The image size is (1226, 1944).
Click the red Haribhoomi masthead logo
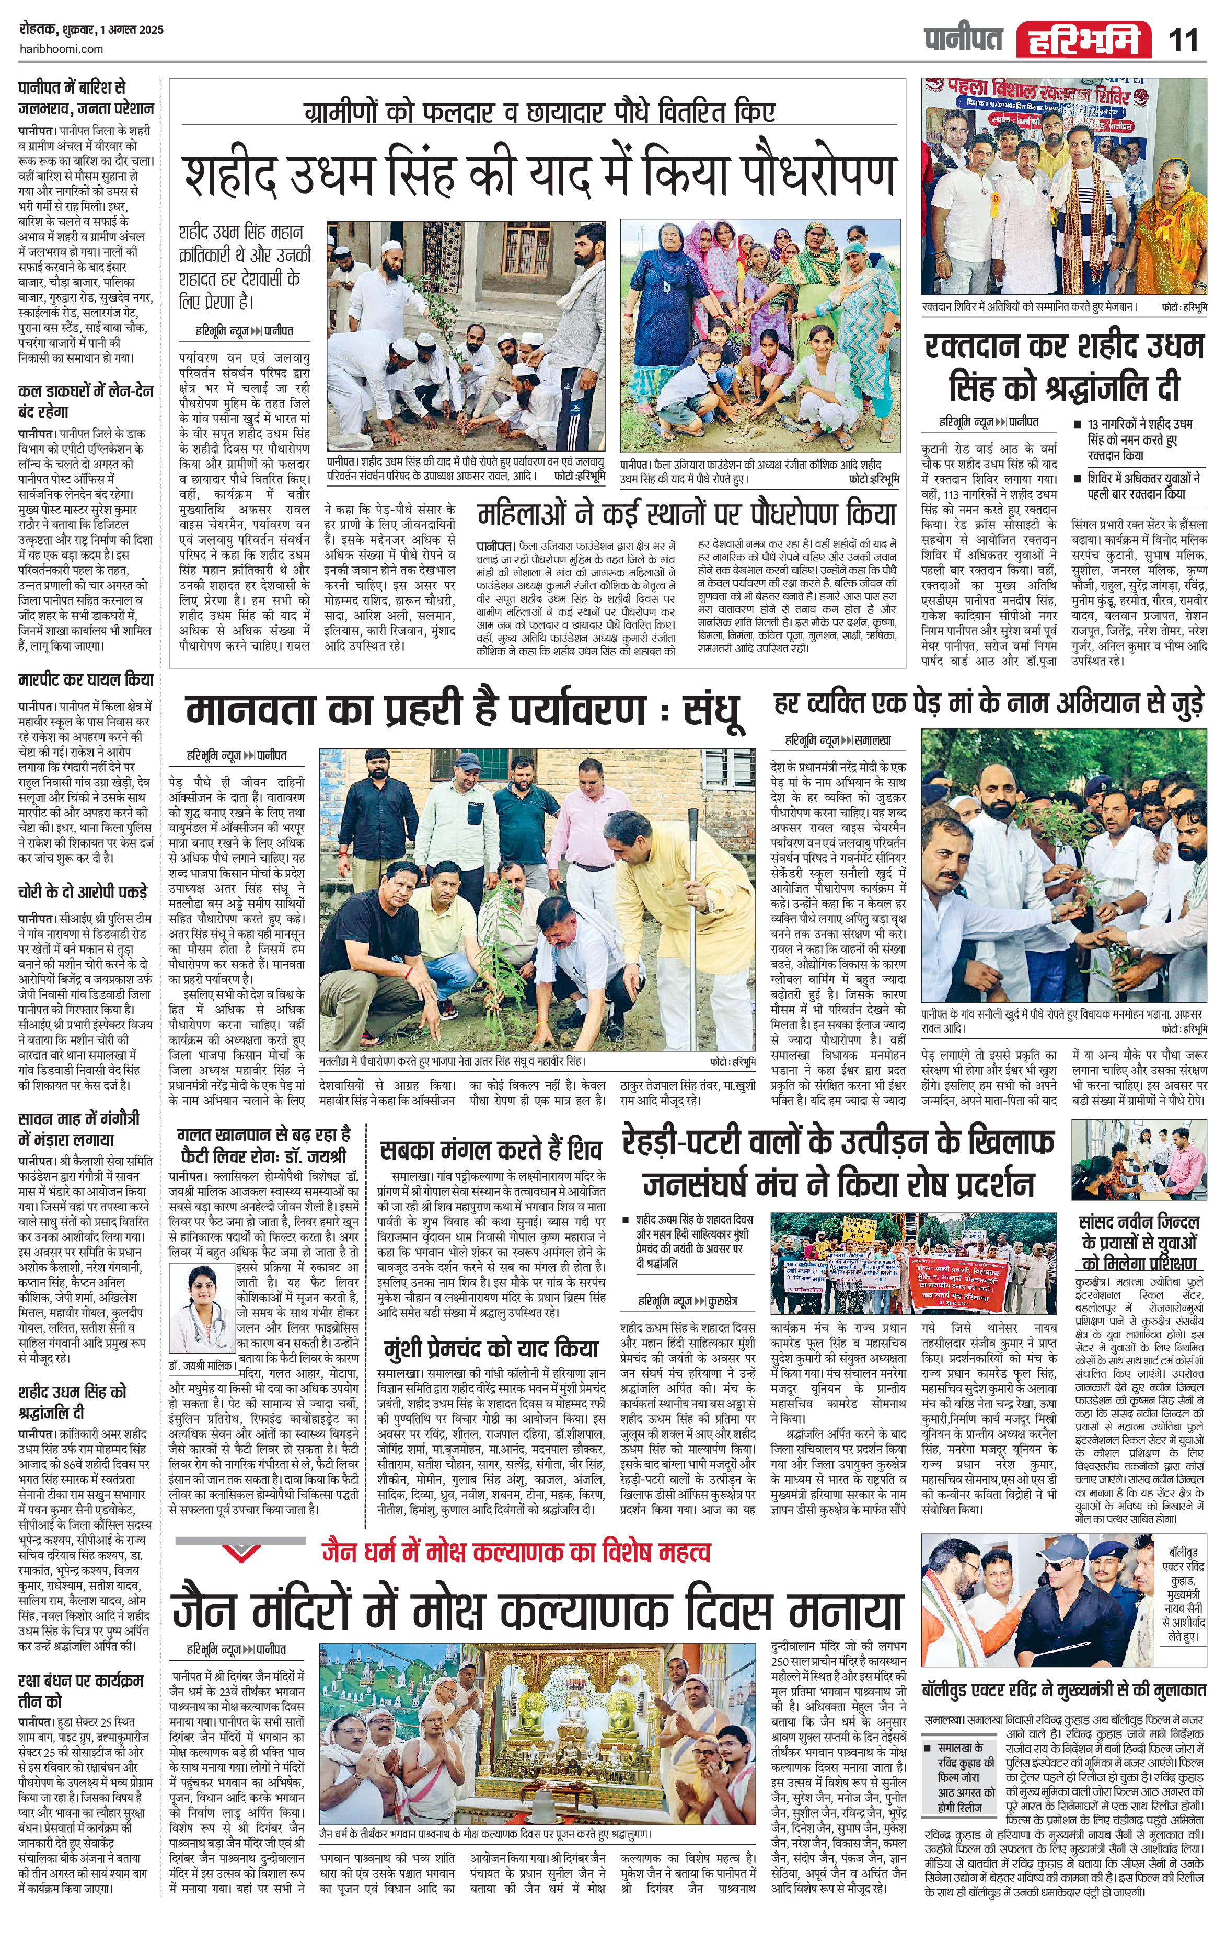(x=1084, y=40)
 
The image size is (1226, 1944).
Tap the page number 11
(x=1184, y=40)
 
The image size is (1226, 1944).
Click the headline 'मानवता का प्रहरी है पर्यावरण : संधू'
(x=464, y=710)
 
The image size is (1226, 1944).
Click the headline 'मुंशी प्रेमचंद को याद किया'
(x=491, y=1349)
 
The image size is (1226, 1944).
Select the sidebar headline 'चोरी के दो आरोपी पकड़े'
(x=83, y=892)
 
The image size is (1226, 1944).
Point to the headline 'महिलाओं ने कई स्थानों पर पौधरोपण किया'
(x=686, y=514)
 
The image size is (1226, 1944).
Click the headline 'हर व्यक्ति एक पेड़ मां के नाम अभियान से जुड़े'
(x=989, y=702)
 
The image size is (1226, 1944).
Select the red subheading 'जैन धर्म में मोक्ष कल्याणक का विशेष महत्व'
(x=516, y=1552)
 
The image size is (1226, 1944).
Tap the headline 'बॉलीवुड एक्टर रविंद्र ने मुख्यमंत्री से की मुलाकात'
(x=1066, y=1689)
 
